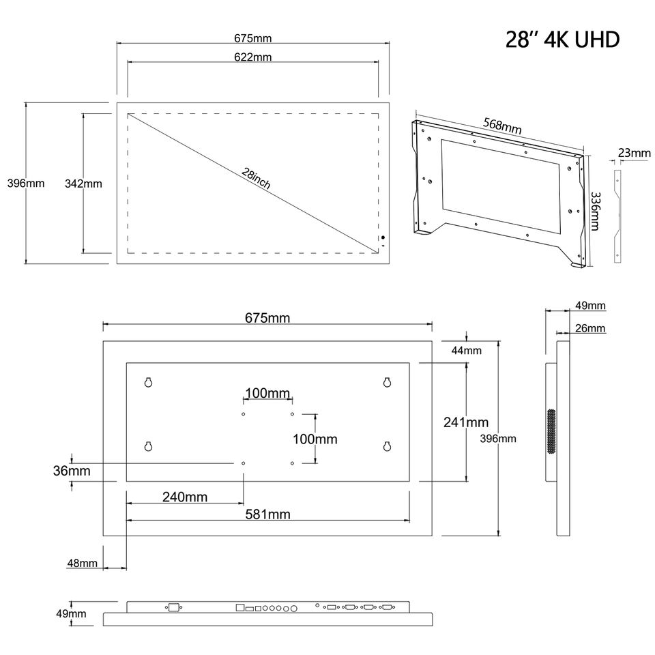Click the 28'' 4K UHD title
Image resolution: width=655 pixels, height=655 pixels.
tap(562, 39)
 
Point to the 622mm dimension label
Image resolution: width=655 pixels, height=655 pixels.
tap(252, 57)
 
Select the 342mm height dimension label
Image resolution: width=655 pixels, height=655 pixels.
tap(83, 183)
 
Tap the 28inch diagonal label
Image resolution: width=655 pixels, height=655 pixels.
tap(257, 179)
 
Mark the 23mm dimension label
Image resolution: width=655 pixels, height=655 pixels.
tap(635, 153)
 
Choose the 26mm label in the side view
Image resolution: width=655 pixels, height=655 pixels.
tap(589, 328)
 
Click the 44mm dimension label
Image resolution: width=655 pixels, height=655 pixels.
tap(467, 351)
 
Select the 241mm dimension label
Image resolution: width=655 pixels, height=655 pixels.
tap(465, 422)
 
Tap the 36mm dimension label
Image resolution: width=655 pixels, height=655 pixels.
tap(72, 470)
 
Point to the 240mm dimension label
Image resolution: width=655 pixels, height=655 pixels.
tap(185, 497)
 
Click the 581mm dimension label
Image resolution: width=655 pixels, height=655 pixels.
tap(268, 514)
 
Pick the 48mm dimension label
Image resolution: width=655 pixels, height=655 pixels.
tap(82, 563)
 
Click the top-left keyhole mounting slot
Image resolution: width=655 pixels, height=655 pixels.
tap(148, 383)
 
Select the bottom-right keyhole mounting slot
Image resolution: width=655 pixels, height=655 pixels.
tap(386, 447)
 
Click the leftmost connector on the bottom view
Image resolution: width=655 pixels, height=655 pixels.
tap(173, 607)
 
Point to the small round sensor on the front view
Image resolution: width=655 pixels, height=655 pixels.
tap(383, 238)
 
